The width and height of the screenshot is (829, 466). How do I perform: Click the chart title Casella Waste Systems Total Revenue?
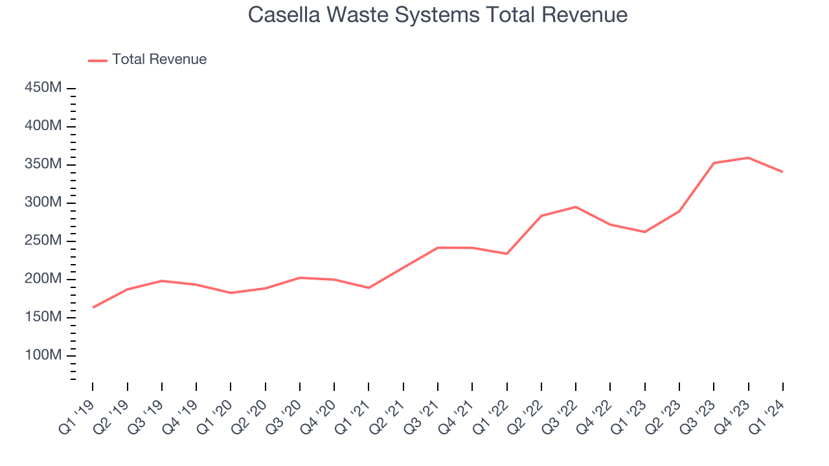tap(437, 15)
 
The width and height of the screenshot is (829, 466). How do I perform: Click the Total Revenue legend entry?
tap(159, 60)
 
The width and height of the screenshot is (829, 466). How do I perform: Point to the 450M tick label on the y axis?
tap(43, 87)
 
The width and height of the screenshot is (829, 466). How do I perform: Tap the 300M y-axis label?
tap(43, 203)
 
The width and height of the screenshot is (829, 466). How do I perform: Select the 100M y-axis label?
tap(43, 355)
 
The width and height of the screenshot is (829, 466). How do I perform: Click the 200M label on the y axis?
tap(43, 279)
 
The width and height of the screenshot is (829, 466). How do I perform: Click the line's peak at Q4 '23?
tap(748, 157)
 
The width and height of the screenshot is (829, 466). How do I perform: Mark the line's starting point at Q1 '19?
tap(93, 307)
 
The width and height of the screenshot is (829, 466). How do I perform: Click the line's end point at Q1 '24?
tap(782, 172)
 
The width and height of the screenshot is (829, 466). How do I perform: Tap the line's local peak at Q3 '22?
tap(576, 206)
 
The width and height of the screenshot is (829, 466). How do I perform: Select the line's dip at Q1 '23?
tap(644, 232)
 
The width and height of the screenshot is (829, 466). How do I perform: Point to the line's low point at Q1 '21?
tap(369, 287)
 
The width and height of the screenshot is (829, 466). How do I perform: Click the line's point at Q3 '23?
tap(714, 163)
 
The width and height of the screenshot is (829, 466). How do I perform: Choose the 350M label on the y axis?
tap(43, 164)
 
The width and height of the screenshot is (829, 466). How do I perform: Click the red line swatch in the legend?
tap(98, 60)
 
